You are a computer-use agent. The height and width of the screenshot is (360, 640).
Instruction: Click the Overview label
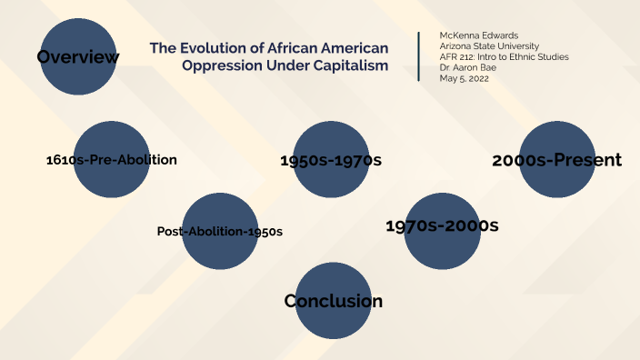[78, 58]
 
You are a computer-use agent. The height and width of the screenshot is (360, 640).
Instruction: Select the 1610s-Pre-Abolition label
[111, 160]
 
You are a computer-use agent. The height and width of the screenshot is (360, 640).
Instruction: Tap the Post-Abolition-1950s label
[220, 231]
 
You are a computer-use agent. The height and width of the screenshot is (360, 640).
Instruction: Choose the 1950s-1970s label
[331, 161]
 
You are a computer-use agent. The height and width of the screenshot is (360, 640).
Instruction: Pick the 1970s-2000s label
[442, 225]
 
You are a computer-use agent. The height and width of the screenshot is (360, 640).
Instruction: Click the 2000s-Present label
[556, 161]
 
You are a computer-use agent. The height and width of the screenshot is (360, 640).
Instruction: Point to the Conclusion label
[333, 301]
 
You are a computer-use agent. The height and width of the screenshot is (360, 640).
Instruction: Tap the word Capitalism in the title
[345, 66]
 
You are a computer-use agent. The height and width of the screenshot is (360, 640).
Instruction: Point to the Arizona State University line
[489, 46]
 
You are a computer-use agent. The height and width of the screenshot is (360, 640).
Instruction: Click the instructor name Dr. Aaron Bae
[468, 67]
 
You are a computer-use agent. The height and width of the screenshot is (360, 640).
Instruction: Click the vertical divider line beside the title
[419, 56]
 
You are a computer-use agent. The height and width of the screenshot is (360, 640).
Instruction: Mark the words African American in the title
[331, 47]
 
